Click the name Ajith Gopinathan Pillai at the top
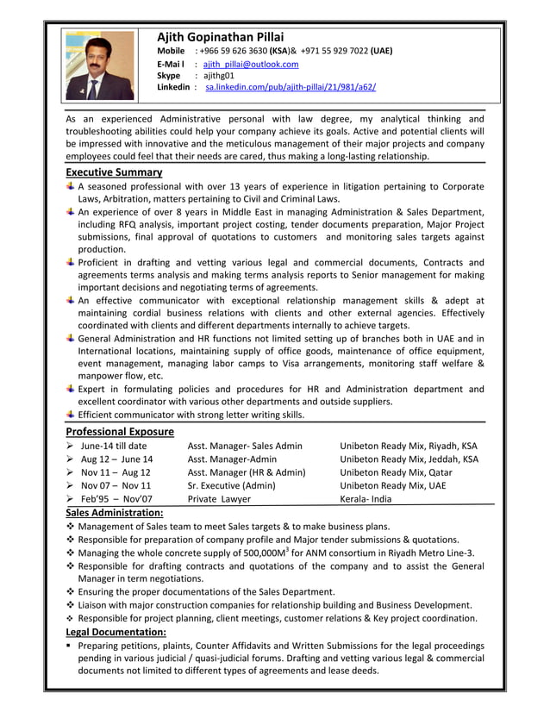pyautogui.click(x=220, y=36)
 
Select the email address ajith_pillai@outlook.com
pyautogui.click(x=251, y=64)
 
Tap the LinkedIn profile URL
pyautogui.click(x=291, y=87)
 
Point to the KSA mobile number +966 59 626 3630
pyautogui.click(x=233, y=51)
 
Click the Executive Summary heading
pyautogui.click(x=114, y=172)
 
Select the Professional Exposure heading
pyautogui.click(x=120, y=431)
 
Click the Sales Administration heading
pyautogui.click(x=115, y=513)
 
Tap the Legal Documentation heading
pyautogui.click(x=116, y=632)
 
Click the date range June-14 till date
pyautogui.click(x=114, y=446)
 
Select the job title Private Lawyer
pyautogui.click(x=219, y=498)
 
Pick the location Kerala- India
pyautogui.click(x=366, y=498)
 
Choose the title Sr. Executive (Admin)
pyautogui.click(x=231, y=485)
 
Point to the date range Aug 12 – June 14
pyautogui.click(x=116, y=459)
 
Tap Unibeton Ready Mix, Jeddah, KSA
pyautogui.click(x=409, y=459)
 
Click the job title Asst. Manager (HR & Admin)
pyautogui.click(x=247, y=472)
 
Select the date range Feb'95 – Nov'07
pyautogui.click(x=116, y=498)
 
